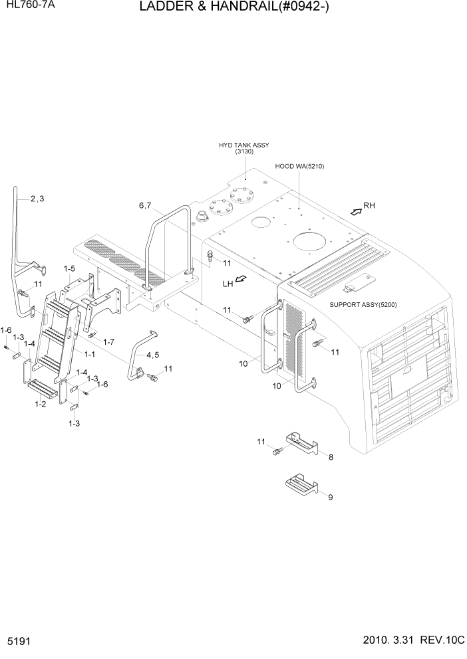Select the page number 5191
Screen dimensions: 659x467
[x=19, y=643]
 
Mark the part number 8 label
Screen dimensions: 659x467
[x=331, y=457]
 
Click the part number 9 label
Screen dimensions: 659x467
[x=331, y=495]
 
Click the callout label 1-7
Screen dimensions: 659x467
[x=108, y=341]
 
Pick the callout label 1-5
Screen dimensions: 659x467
[x=70, y=269]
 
